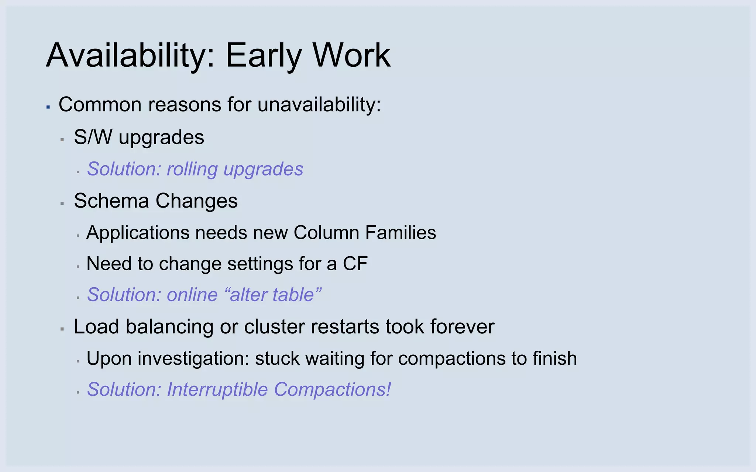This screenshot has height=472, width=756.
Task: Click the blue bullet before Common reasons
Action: pyautogui.click(x=48, y=107)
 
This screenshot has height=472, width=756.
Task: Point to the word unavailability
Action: pyautogui.click(x=319, y=105)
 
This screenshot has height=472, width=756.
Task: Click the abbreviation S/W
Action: pyautogui.click(x=93, y=137)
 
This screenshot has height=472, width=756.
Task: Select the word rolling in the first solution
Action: pyautogui.click(x=192, y=169)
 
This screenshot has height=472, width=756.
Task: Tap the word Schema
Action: pyautogui.click(x=111, y=201)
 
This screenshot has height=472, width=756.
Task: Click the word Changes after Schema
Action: pyautogui.click(x=196, y=201)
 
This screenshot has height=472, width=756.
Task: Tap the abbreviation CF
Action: pyautogui.click(x=355, y=264)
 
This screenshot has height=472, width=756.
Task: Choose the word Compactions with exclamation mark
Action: pyautogui.click(x=332, y=389)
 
